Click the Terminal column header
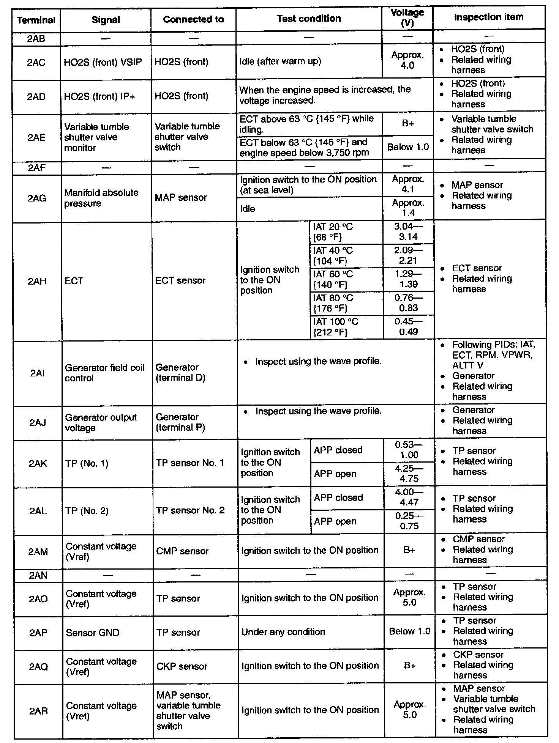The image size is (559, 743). click(36, 20)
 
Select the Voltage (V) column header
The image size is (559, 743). click(407, 18)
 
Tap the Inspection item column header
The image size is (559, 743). click(489, 17)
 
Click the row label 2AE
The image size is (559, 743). click(36, 137)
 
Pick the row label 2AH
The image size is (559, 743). click(37, 281)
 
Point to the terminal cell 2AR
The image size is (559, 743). click(38, 711)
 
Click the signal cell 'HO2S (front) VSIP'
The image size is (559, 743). click(103, 62)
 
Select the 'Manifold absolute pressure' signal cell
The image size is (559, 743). click(101, 198)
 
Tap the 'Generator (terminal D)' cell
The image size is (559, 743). click(180, 372)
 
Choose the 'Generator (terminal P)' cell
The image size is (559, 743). click(180, 422)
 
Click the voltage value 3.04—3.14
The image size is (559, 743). click(408, 232)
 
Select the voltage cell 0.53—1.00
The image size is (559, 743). click(409, 450)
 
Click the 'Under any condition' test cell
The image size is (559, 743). click(283, 632)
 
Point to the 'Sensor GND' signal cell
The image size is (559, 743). click(93, 633)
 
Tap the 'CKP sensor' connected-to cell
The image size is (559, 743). click(182, 666)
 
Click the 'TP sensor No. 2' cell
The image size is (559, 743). click(190, 510)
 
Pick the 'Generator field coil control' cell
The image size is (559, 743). click(105, 373)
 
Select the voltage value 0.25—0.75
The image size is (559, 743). click(409, 521)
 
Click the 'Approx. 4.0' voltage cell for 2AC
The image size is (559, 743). click(407, 60)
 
